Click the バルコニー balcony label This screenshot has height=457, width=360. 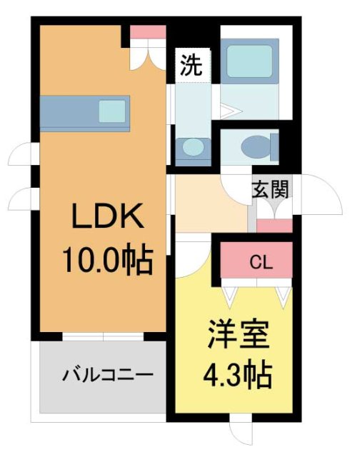pos(107,374)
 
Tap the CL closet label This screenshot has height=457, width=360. pos(260,262)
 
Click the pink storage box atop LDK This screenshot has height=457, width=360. pos(148,32)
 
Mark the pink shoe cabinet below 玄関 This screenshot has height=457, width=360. pos(274,226)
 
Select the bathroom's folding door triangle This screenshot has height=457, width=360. pos(227,111)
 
